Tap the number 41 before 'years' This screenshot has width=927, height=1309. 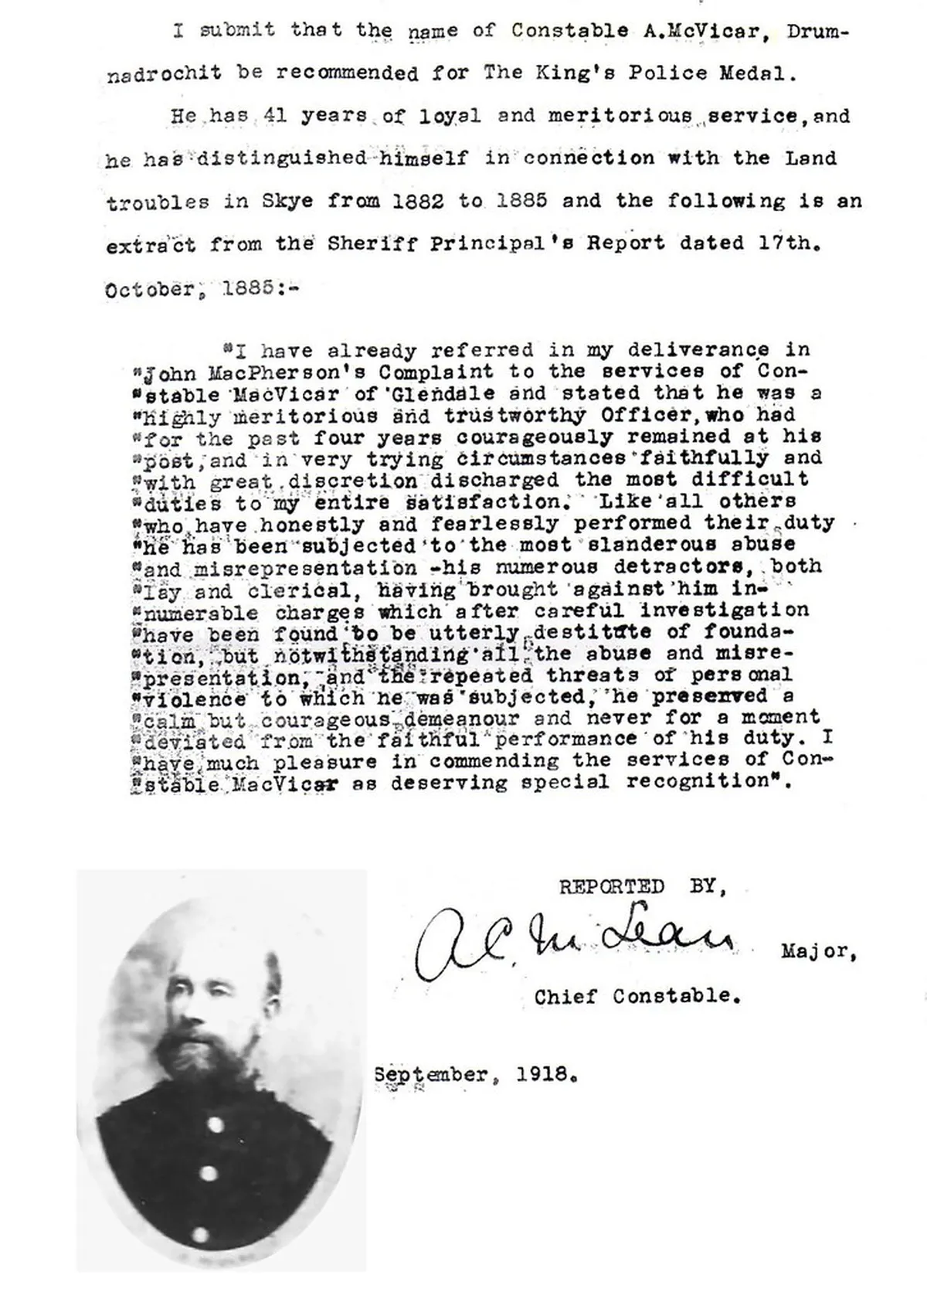pos(275,116)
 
